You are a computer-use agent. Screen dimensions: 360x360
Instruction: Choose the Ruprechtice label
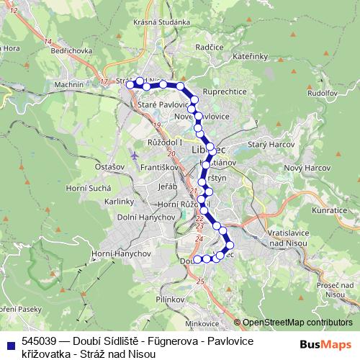(x=225, y=91)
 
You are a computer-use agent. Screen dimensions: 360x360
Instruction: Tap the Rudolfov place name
(x=323, y=93)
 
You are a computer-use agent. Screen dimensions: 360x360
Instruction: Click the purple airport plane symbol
(x=135, y=156)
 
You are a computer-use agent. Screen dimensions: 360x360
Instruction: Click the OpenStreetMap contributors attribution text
(x=297, y=323)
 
